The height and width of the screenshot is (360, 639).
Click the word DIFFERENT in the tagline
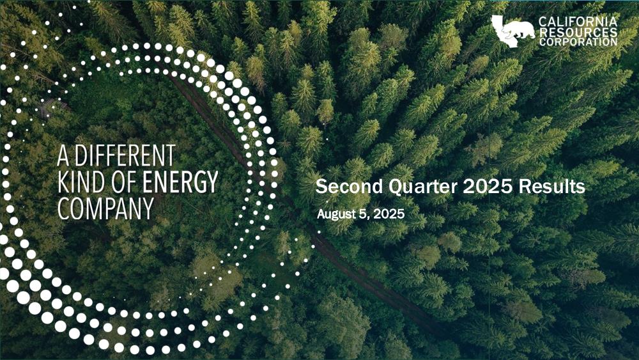[x=125, y=156]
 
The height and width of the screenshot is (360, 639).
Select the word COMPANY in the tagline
[x=105, y=208]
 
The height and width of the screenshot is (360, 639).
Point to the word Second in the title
[x=350, y=186]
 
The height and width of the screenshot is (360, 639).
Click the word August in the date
[x=331, y=214]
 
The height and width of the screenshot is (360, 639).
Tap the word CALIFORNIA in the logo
[x=578, y=22]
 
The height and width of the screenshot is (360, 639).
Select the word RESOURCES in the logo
[x=578, y=32]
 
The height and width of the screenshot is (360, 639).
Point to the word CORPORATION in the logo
[x=578, y=42]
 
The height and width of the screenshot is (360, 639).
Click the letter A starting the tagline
[x=63, y=156]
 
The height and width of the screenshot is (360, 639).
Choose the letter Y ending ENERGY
[x=212, y=182]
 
